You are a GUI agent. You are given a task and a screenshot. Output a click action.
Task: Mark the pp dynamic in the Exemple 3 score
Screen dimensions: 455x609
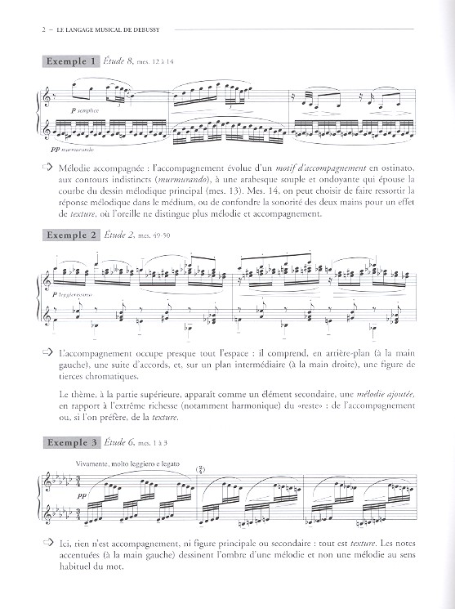coord(62,495)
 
